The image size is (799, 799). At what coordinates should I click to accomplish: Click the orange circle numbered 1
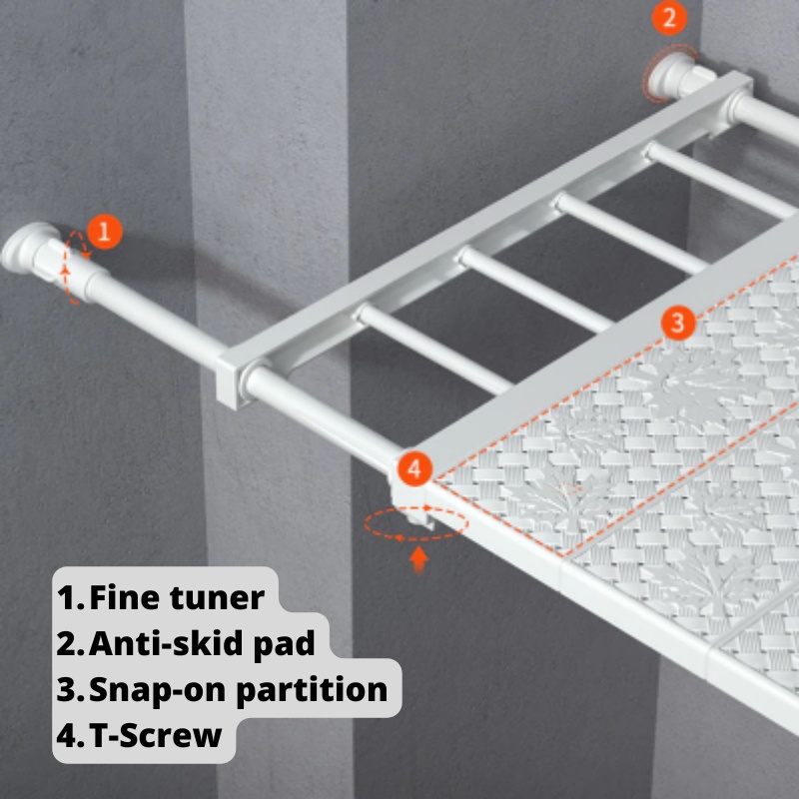(105, 232)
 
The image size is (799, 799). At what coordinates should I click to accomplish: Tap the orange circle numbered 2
(669, 18)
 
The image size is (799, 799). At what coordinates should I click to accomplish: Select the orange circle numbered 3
(678, 323)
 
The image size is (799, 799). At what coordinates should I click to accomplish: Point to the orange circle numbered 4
(414, 468)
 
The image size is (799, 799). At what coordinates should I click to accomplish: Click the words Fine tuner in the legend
(177, 597)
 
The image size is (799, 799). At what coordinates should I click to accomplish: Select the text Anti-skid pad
(202, 643)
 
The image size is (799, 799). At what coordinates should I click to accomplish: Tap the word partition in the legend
(312, 690)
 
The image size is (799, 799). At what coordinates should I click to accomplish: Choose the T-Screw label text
(156, 735)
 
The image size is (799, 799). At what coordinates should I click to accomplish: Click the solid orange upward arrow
(418, 559)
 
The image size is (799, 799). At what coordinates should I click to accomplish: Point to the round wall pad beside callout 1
(24, 247)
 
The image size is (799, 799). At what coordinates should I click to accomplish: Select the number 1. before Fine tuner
(70, 597)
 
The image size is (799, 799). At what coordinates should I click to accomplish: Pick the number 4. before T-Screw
(70, 735)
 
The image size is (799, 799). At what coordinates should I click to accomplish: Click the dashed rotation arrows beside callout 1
(74, 268)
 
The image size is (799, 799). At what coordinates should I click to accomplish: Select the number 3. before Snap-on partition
(70, 690)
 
